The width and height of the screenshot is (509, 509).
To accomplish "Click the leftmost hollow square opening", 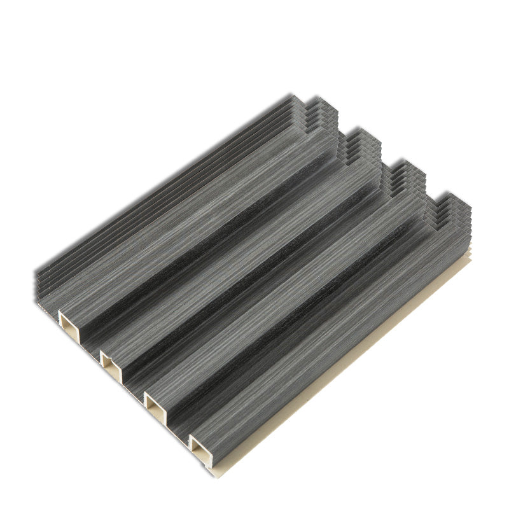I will [x=68, y=321].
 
